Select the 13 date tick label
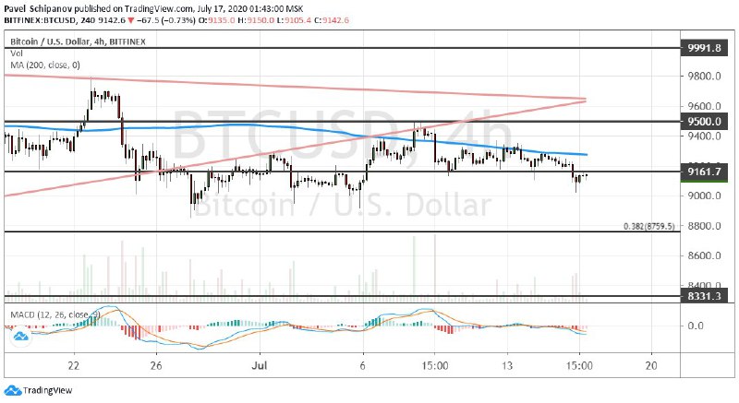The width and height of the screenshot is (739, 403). tap(506, 364)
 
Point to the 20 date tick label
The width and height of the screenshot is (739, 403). tap(652, 364)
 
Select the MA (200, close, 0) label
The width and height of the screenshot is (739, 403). tap(45, 64)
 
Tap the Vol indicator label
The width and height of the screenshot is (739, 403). tap(16, 53)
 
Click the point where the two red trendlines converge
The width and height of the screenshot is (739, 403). tap(585, 99)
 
